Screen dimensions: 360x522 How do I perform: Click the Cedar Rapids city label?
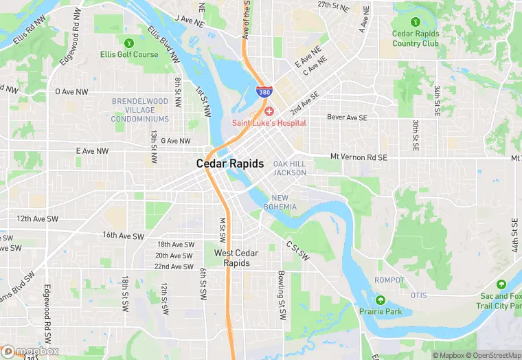tap(229, 164)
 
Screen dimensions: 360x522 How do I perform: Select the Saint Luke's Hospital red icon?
tap(269, 111)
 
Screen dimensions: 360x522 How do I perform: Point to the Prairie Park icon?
tap(380, 300)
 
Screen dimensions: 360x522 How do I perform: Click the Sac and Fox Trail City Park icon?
tap(501, 284)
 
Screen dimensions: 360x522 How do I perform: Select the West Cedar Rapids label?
tap(236, 258)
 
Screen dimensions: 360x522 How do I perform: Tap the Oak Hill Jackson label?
tap(289, 168)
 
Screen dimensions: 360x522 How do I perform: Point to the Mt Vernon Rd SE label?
tap(359, 157)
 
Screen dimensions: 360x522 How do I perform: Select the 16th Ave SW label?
tap(123, 236)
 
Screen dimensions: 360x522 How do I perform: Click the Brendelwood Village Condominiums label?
tap(140, 109)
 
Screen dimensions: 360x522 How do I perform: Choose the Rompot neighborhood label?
tap(389, 280)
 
